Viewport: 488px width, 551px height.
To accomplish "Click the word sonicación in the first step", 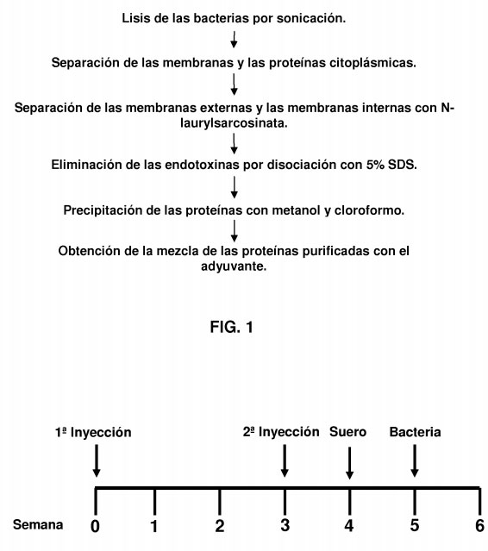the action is point(311,18).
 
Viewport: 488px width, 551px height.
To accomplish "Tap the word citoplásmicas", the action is point(372,63).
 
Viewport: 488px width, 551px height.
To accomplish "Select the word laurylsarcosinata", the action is point(234,123).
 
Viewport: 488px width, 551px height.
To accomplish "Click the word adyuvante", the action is point(234,266).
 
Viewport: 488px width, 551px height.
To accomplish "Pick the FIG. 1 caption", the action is point(232,327).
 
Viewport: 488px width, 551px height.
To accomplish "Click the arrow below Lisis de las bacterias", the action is point(234,40).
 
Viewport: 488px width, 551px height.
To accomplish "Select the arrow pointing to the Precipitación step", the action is point(234,187).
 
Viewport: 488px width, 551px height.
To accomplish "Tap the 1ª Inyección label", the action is point(93,432).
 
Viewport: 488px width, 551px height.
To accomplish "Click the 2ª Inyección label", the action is point(281,432).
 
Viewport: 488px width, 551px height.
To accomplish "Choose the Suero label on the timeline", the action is point(347,432).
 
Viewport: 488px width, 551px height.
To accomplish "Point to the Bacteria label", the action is point(415,432).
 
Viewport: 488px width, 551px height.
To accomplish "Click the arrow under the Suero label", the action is point(349,463).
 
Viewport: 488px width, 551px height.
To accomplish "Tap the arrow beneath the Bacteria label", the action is point(415,461).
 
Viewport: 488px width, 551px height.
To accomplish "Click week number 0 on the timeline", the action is point(95,526).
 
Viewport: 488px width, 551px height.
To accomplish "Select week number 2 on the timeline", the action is point(220,526).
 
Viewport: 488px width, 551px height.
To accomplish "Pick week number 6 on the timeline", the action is point(479,526).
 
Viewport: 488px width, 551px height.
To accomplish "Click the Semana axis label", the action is point(38,524).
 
